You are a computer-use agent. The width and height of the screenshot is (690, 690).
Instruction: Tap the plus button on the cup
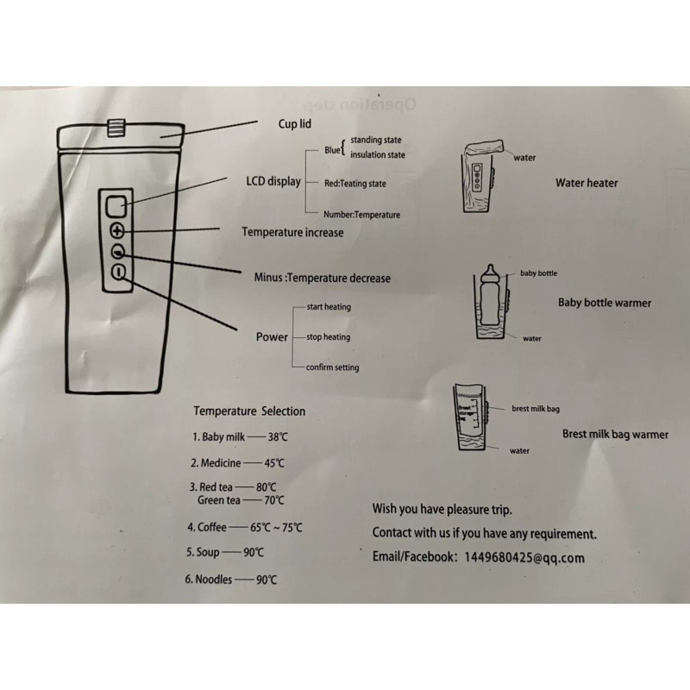[118, 231]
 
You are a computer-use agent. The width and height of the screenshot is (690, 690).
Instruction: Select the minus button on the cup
[118, 252]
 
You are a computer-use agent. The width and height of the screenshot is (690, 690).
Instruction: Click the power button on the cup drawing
[118, 273]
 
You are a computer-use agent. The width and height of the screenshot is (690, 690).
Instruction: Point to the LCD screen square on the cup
[117, 205]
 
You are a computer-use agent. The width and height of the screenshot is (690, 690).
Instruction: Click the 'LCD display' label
[273, 181]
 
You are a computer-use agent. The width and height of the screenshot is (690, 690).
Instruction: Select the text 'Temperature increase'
[292, 232]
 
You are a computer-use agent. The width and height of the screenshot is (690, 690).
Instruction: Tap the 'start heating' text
[328, 307]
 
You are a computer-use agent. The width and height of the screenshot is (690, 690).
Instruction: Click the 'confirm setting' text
[332, 367]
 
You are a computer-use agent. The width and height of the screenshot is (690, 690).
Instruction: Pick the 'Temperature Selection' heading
[248, 411]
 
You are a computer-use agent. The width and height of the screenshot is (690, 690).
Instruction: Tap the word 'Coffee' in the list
[213, 527]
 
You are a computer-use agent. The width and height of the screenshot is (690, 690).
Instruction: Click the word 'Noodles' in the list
[215, 580]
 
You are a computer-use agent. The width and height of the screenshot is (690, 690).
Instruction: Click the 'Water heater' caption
[586, 183]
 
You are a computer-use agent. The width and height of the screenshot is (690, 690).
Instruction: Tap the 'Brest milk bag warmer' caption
[615, 435]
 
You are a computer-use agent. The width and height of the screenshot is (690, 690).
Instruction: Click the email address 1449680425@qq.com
[524, 558]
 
